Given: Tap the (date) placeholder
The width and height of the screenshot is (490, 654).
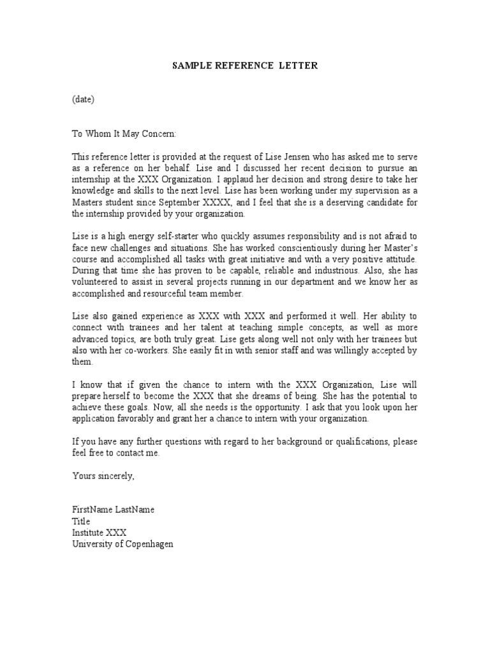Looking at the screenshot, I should point(83,99).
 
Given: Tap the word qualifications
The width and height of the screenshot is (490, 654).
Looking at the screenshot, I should point(354,442).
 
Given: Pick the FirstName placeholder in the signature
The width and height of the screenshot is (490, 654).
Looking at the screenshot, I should point(92,510).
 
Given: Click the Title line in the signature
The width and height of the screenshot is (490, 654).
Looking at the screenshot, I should point(81,522).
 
